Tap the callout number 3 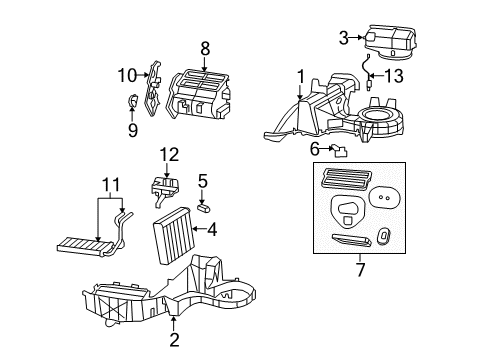click(343, 38)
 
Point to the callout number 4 click(212, 229)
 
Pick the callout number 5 click(202, 181)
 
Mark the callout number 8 click(204, 47)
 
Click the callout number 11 click(111, 184)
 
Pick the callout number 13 click(395, 76)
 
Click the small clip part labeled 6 click(340, 151)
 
